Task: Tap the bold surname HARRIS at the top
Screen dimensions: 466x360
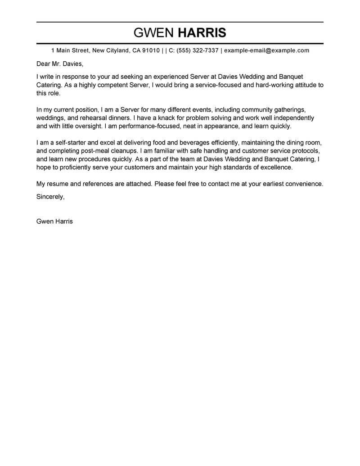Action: (202, 33)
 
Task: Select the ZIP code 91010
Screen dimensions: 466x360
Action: (151, 50)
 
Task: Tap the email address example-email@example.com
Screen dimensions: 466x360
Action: (267, 50)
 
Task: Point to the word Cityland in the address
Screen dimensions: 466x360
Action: (117, 50)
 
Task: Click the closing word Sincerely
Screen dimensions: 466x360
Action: (50, 197)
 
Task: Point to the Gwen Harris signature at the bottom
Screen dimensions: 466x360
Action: (54, 222)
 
